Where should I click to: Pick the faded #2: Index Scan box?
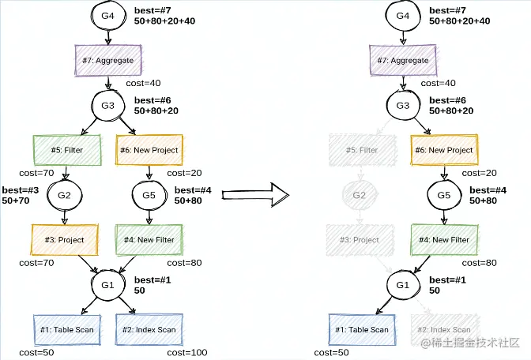[x=444, y=329]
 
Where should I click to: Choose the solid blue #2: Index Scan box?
[x=150, y=329]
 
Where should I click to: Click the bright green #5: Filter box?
[x=68, y=149]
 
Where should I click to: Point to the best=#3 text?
[x=21, y=190]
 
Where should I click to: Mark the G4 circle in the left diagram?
[x=107, y=16]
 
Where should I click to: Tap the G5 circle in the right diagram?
[x=444, y=194]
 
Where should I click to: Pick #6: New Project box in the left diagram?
[x=148, y=149]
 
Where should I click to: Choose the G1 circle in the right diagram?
[x=403, y=284]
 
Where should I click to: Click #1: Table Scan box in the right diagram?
[x=362, y=329]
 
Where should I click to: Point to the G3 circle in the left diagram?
[x=107, y=105]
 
